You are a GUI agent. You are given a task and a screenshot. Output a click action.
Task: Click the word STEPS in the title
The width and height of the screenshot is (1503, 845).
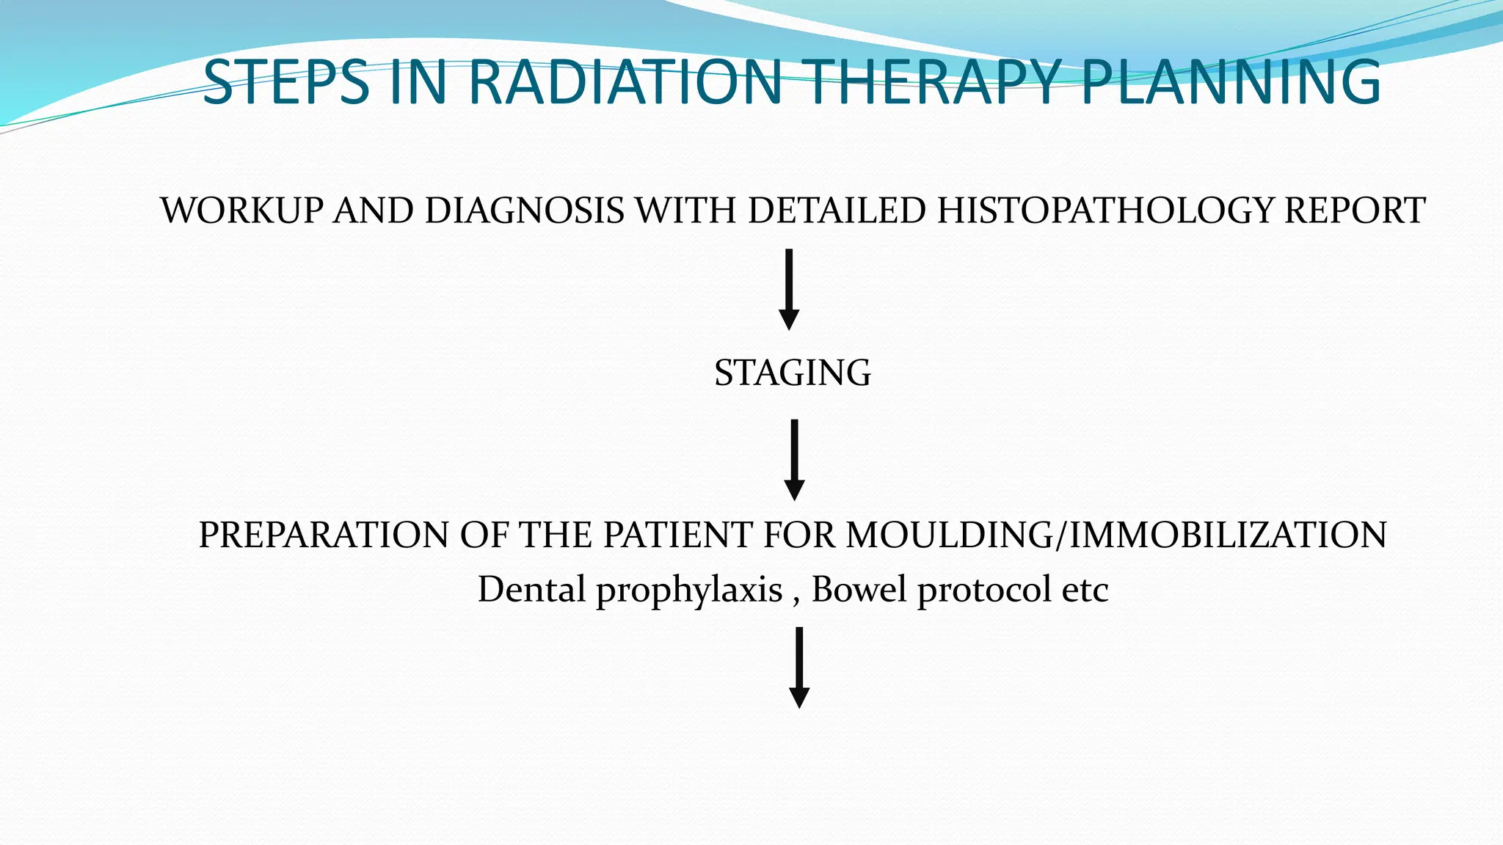[x=285, y=82]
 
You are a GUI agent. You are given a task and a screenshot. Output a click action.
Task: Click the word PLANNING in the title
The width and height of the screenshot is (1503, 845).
[x=1231, y=82]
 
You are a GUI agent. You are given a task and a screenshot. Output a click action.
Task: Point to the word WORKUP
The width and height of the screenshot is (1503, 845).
[x=241, y=211]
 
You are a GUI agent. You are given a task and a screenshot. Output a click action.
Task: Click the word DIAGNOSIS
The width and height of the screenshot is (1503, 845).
[x=525, y=211]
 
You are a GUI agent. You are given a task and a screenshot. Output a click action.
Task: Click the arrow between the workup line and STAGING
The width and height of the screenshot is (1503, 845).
[x=789, y=290]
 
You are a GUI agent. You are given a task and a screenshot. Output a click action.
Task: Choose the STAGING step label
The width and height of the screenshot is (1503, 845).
[x=793, y=373]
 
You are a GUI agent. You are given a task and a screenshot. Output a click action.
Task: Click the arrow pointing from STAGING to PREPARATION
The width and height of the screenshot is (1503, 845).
[x=794, y=460]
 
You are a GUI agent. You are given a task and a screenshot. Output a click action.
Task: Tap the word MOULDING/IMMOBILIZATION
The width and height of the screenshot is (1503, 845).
[x=1116, y=535]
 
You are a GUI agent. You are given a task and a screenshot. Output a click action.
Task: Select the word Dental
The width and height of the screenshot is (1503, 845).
[x=531, y=590]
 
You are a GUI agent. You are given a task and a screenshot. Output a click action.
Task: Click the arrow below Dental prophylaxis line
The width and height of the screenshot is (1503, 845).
[x=799, y=667]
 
